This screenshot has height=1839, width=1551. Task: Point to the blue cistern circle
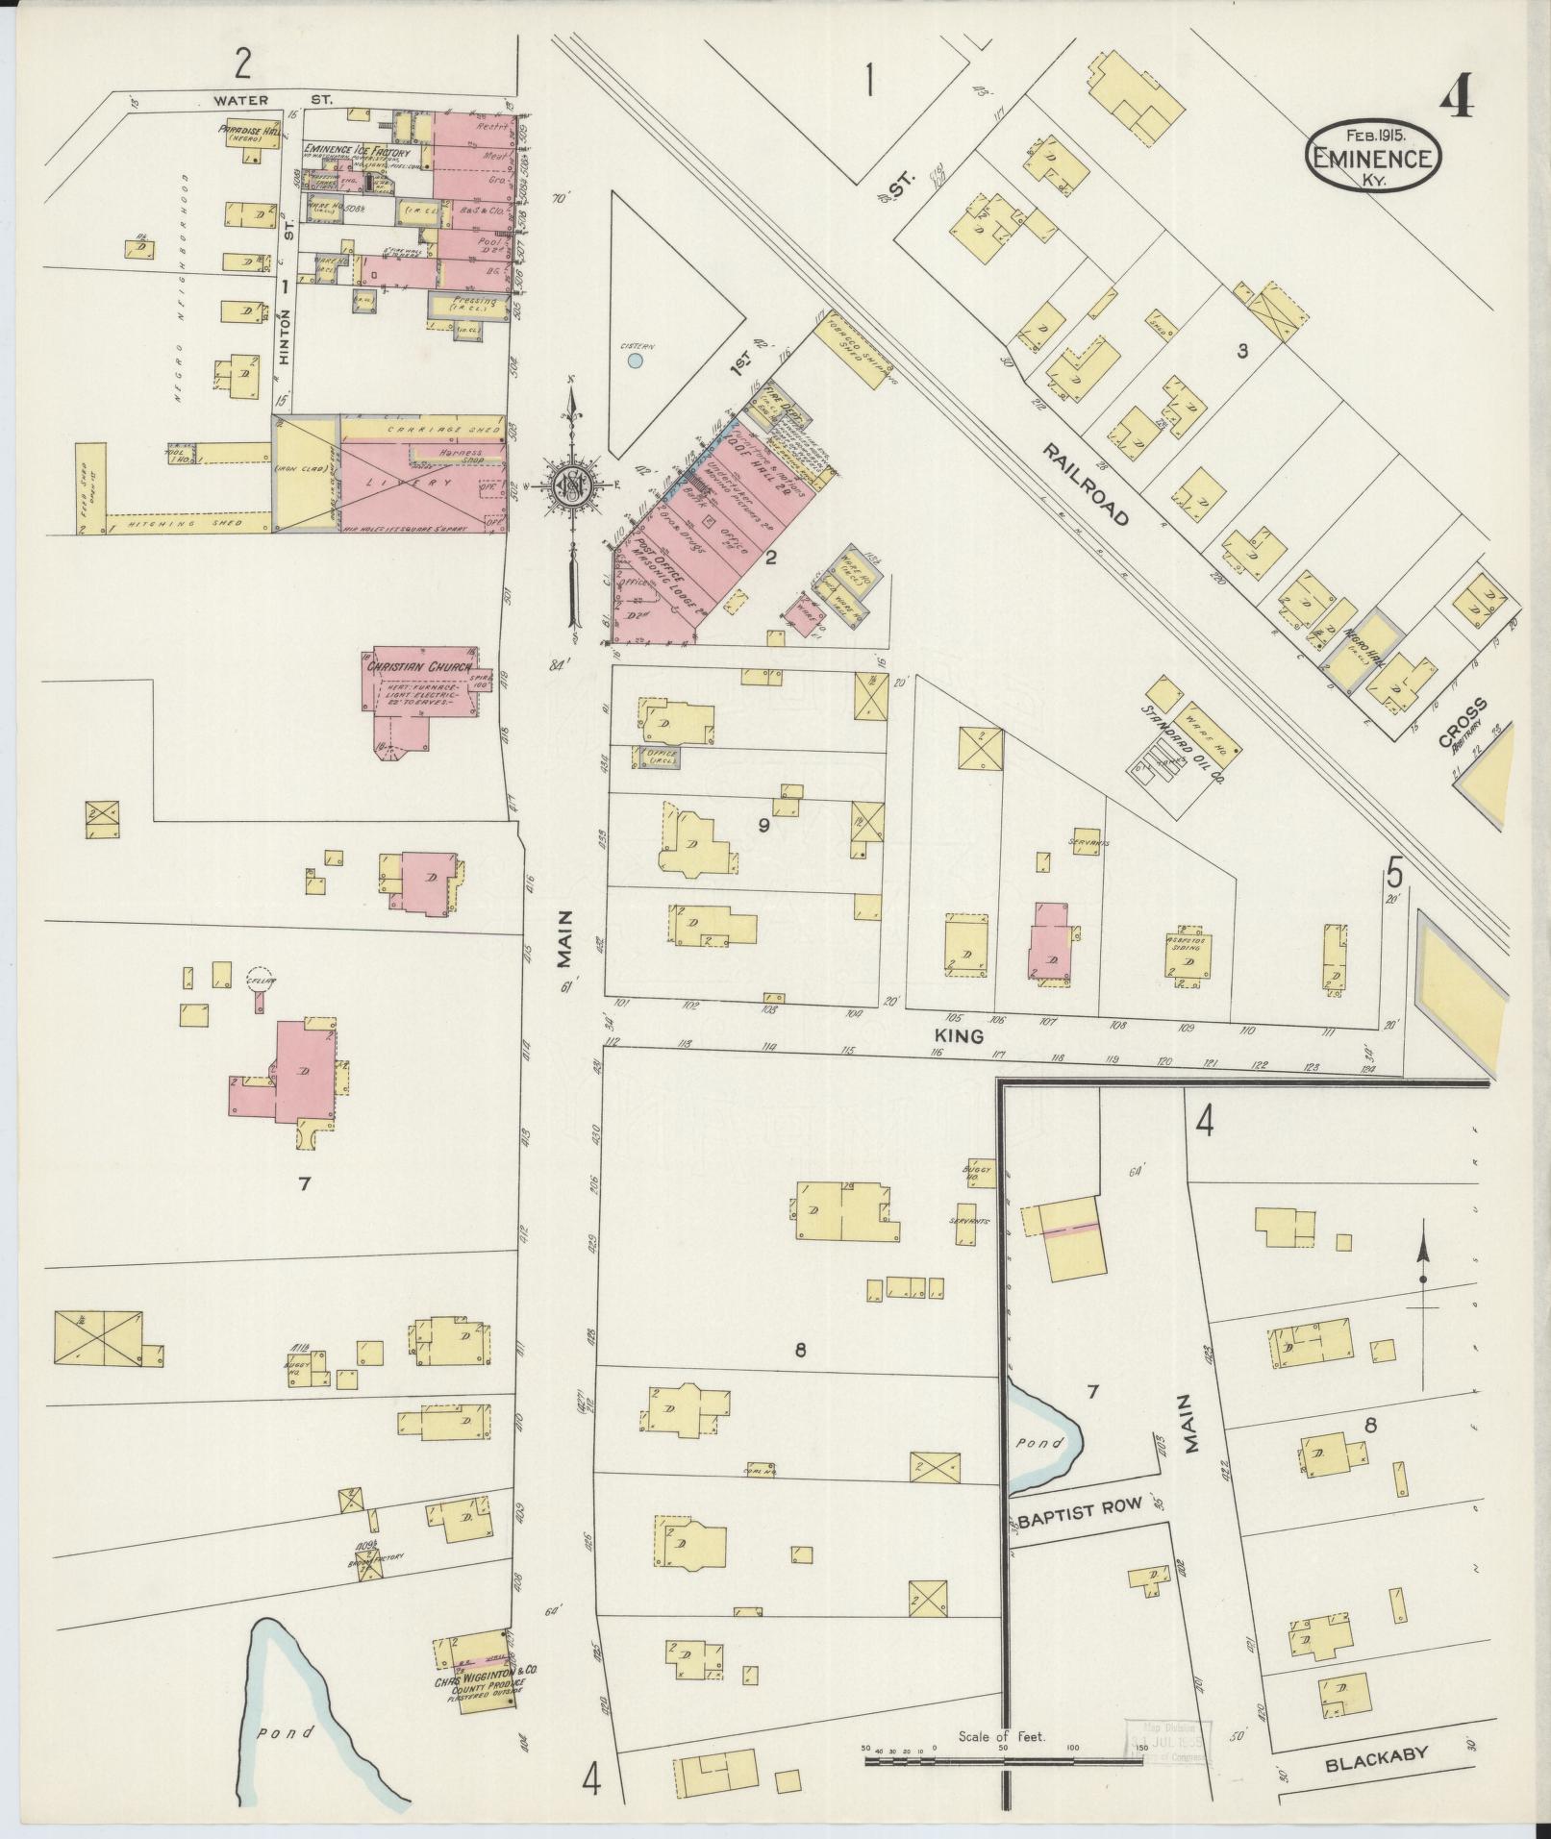coord(634,361)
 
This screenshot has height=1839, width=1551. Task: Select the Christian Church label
coord(418,665)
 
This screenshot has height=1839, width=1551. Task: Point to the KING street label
coord(958,1036)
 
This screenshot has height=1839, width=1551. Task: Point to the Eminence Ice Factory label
coord(357,151)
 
